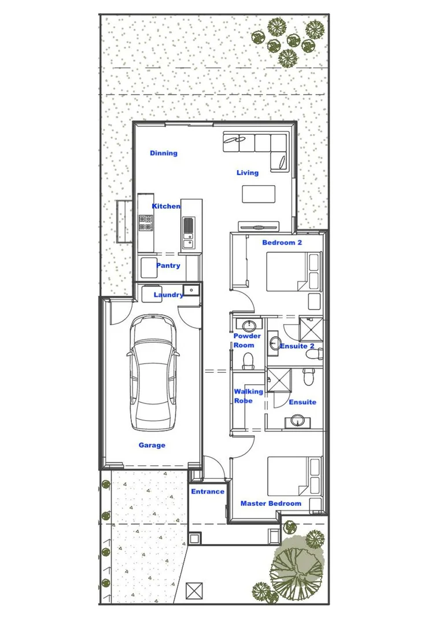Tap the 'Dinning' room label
click(x=164, y=153)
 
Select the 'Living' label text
click(x=248, y=172)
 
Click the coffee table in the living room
click(x=259, y=194)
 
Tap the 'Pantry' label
click(x=168, y=266)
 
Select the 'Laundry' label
click(x=168, y=295)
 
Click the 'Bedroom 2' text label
click(x=282, y=242)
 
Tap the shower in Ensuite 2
click(x=311, y=329)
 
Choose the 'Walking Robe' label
click(x=248, y=396)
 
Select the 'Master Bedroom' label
click(x=271, y=503)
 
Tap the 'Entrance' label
click(x=208, y=492)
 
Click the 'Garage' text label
click(x=152, y=445)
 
